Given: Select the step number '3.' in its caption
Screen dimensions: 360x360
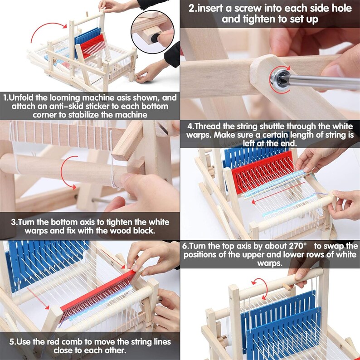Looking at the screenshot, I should click(15, 222).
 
